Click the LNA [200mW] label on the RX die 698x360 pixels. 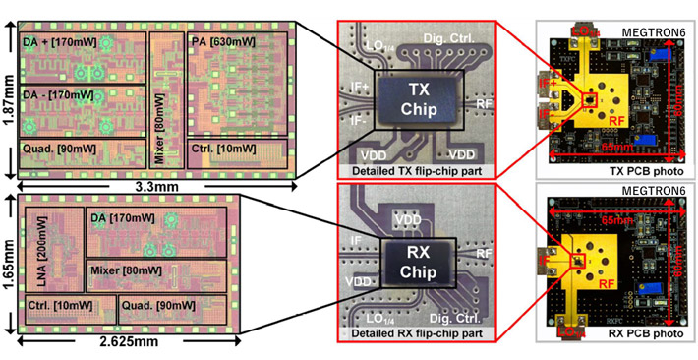(40, 260)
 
